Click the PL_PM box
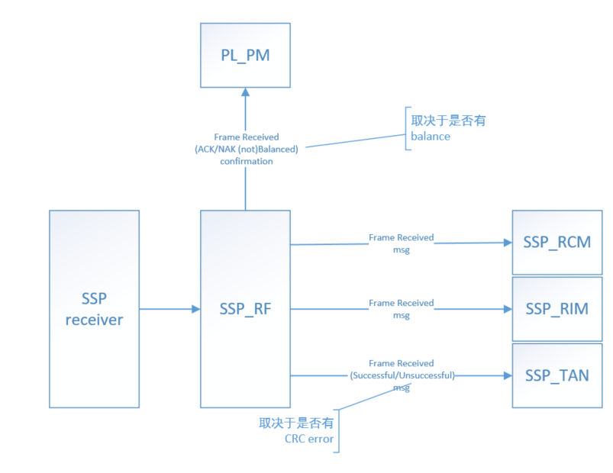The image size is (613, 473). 245,55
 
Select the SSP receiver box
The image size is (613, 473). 94,309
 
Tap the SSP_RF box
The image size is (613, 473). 245,309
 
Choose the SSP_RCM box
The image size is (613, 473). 557,243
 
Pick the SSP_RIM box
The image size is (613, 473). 557,309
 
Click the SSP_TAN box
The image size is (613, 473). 557,375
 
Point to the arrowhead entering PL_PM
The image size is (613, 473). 245,92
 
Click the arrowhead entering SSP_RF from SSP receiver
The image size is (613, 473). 195,309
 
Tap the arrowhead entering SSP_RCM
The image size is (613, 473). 507,243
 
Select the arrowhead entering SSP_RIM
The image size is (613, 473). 507,309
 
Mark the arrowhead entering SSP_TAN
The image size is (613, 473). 507,375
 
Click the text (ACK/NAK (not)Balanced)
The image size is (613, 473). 246,149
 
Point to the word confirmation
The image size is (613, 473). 246,161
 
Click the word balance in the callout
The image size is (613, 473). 431,137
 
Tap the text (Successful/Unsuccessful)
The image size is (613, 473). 402,375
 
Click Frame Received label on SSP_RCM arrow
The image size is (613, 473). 401,238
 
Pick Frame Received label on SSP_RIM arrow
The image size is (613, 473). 401,304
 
